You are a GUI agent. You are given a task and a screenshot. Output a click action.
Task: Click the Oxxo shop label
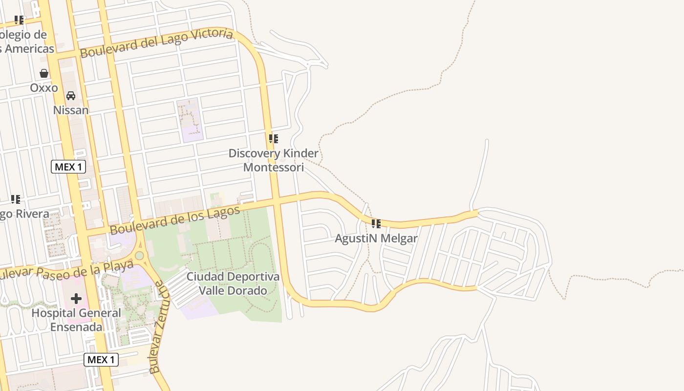point(44,88)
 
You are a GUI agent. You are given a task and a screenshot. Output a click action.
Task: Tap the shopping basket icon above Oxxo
point(44,73)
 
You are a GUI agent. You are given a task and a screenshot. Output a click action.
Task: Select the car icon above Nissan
point(71,95)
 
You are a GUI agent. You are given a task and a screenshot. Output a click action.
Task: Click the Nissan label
point(71,110)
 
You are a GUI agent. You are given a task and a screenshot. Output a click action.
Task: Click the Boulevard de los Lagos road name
point(175,219)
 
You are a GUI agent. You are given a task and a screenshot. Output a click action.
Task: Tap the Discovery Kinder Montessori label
point(274,160)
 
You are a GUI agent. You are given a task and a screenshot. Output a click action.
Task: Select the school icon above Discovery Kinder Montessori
point(274,139)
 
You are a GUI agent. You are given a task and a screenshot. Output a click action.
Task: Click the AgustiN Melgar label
point(376,239)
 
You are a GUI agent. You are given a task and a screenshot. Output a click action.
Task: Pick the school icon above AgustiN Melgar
point(376,224)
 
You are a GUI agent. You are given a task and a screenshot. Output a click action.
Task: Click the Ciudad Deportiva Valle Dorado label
point(233,283)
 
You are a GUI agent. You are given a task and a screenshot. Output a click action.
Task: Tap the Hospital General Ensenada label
point(76,320)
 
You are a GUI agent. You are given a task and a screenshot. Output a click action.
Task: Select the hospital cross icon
point(76,298)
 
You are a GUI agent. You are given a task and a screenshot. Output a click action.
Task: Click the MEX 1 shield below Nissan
point(68,167)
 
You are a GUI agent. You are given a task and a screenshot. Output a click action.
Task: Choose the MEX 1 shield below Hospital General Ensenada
point(101,360)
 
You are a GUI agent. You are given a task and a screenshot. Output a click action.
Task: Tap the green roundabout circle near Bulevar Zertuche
point(140,255)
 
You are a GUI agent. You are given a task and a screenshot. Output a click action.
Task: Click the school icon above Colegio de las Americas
point(19,20)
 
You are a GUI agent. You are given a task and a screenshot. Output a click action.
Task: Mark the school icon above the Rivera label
point(16,199)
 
